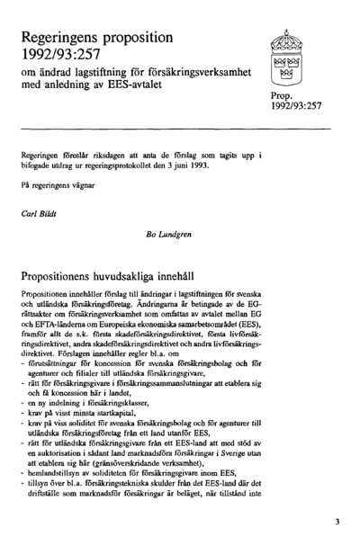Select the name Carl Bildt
pos(38,215)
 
